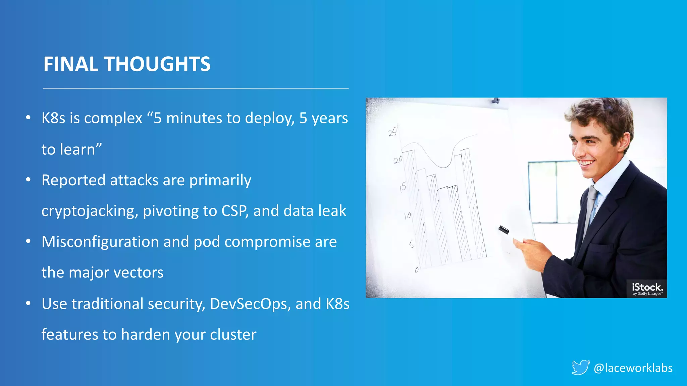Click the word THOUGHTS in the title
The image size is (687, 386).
(157, 64)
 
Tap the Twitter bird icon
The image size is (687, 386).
(581, 367)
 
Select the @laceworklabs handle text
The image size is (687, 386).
(633, 368)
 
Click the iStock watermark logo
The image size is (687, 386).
(647, 288)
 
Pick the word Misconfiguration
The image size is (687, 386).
(100, 242)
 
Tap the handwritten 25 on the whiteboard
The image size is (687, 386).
(392, 132)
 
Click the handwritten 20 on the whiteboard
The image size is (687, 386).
(398, 160)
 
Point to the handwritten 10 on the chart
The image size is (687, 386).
(408, 216)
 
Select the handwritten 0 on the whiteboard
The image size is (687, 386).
(417, 270)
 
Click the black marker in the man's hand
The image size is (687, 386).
(504, 230)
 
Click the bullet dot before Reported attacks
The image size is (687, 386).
(29, 180)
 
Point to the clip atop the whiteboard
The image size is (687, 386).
(495, 101)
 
